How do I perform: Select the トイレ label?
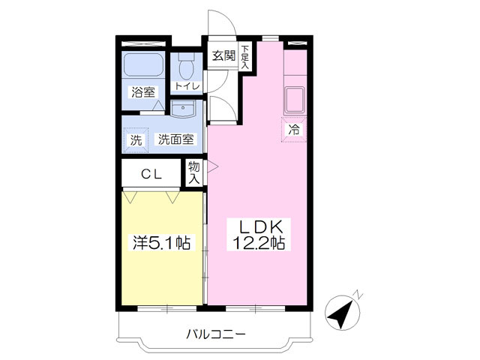(x=186, y=86)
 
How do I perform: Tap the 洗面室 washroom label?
(x=175, y=139)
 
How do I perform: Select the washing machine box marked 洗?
(x=136, y=139)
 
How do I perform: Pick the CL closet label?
(x=152, y=175)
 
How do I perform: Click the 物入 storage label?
(x=194, y=172)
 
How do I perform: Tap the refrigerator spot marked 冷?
(x=295, y=129)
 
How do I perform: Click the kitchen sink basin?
(x=293, y=98)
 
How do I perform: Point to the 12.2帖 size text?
(x=259, y=244)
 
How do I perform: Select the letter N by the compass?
(x=359, y=294)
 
